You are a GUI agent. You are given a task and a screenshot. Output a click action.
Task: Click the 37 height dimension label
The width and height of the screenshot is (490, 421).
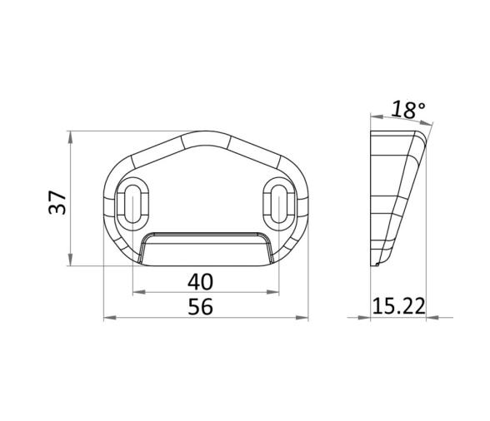[x=57, y=202]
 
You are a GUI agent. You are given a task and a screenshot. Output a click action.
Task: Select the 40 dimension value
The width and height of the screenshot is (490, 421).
[x=200, y=281]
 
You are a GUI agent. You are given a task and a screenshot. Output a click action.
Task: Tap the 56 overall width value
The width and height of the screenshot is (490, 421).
[x=200, y=306]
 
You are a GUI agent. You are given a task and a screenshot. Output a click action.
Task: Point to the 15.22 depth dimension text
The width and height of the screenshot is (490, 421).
[x=399, y=306]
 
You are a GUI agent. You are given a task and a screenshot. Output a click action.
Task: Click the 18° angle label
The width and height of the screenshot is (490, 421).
[x=408, y=110]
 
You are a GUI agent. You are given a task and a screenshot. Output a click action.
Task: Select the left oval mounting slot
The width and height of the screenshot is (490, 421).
[x=132, y=204]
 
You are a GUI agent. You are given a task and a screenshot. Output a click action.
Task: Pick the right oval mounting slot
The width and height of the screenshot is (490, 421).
[x=278, y=204]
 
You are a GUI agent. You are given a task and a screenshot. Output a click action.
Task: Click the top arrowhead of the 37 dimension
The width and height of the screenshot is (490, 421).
[x=71, y=137]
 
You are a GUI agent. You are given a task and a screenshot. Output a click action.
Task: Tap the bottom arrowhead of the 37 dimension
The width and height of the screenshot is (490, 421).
[x=71, y=260]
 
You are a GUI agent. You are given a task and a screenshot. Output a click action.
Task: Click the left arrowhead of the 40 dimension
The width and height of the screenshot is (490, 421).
[x=139, y=292]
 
